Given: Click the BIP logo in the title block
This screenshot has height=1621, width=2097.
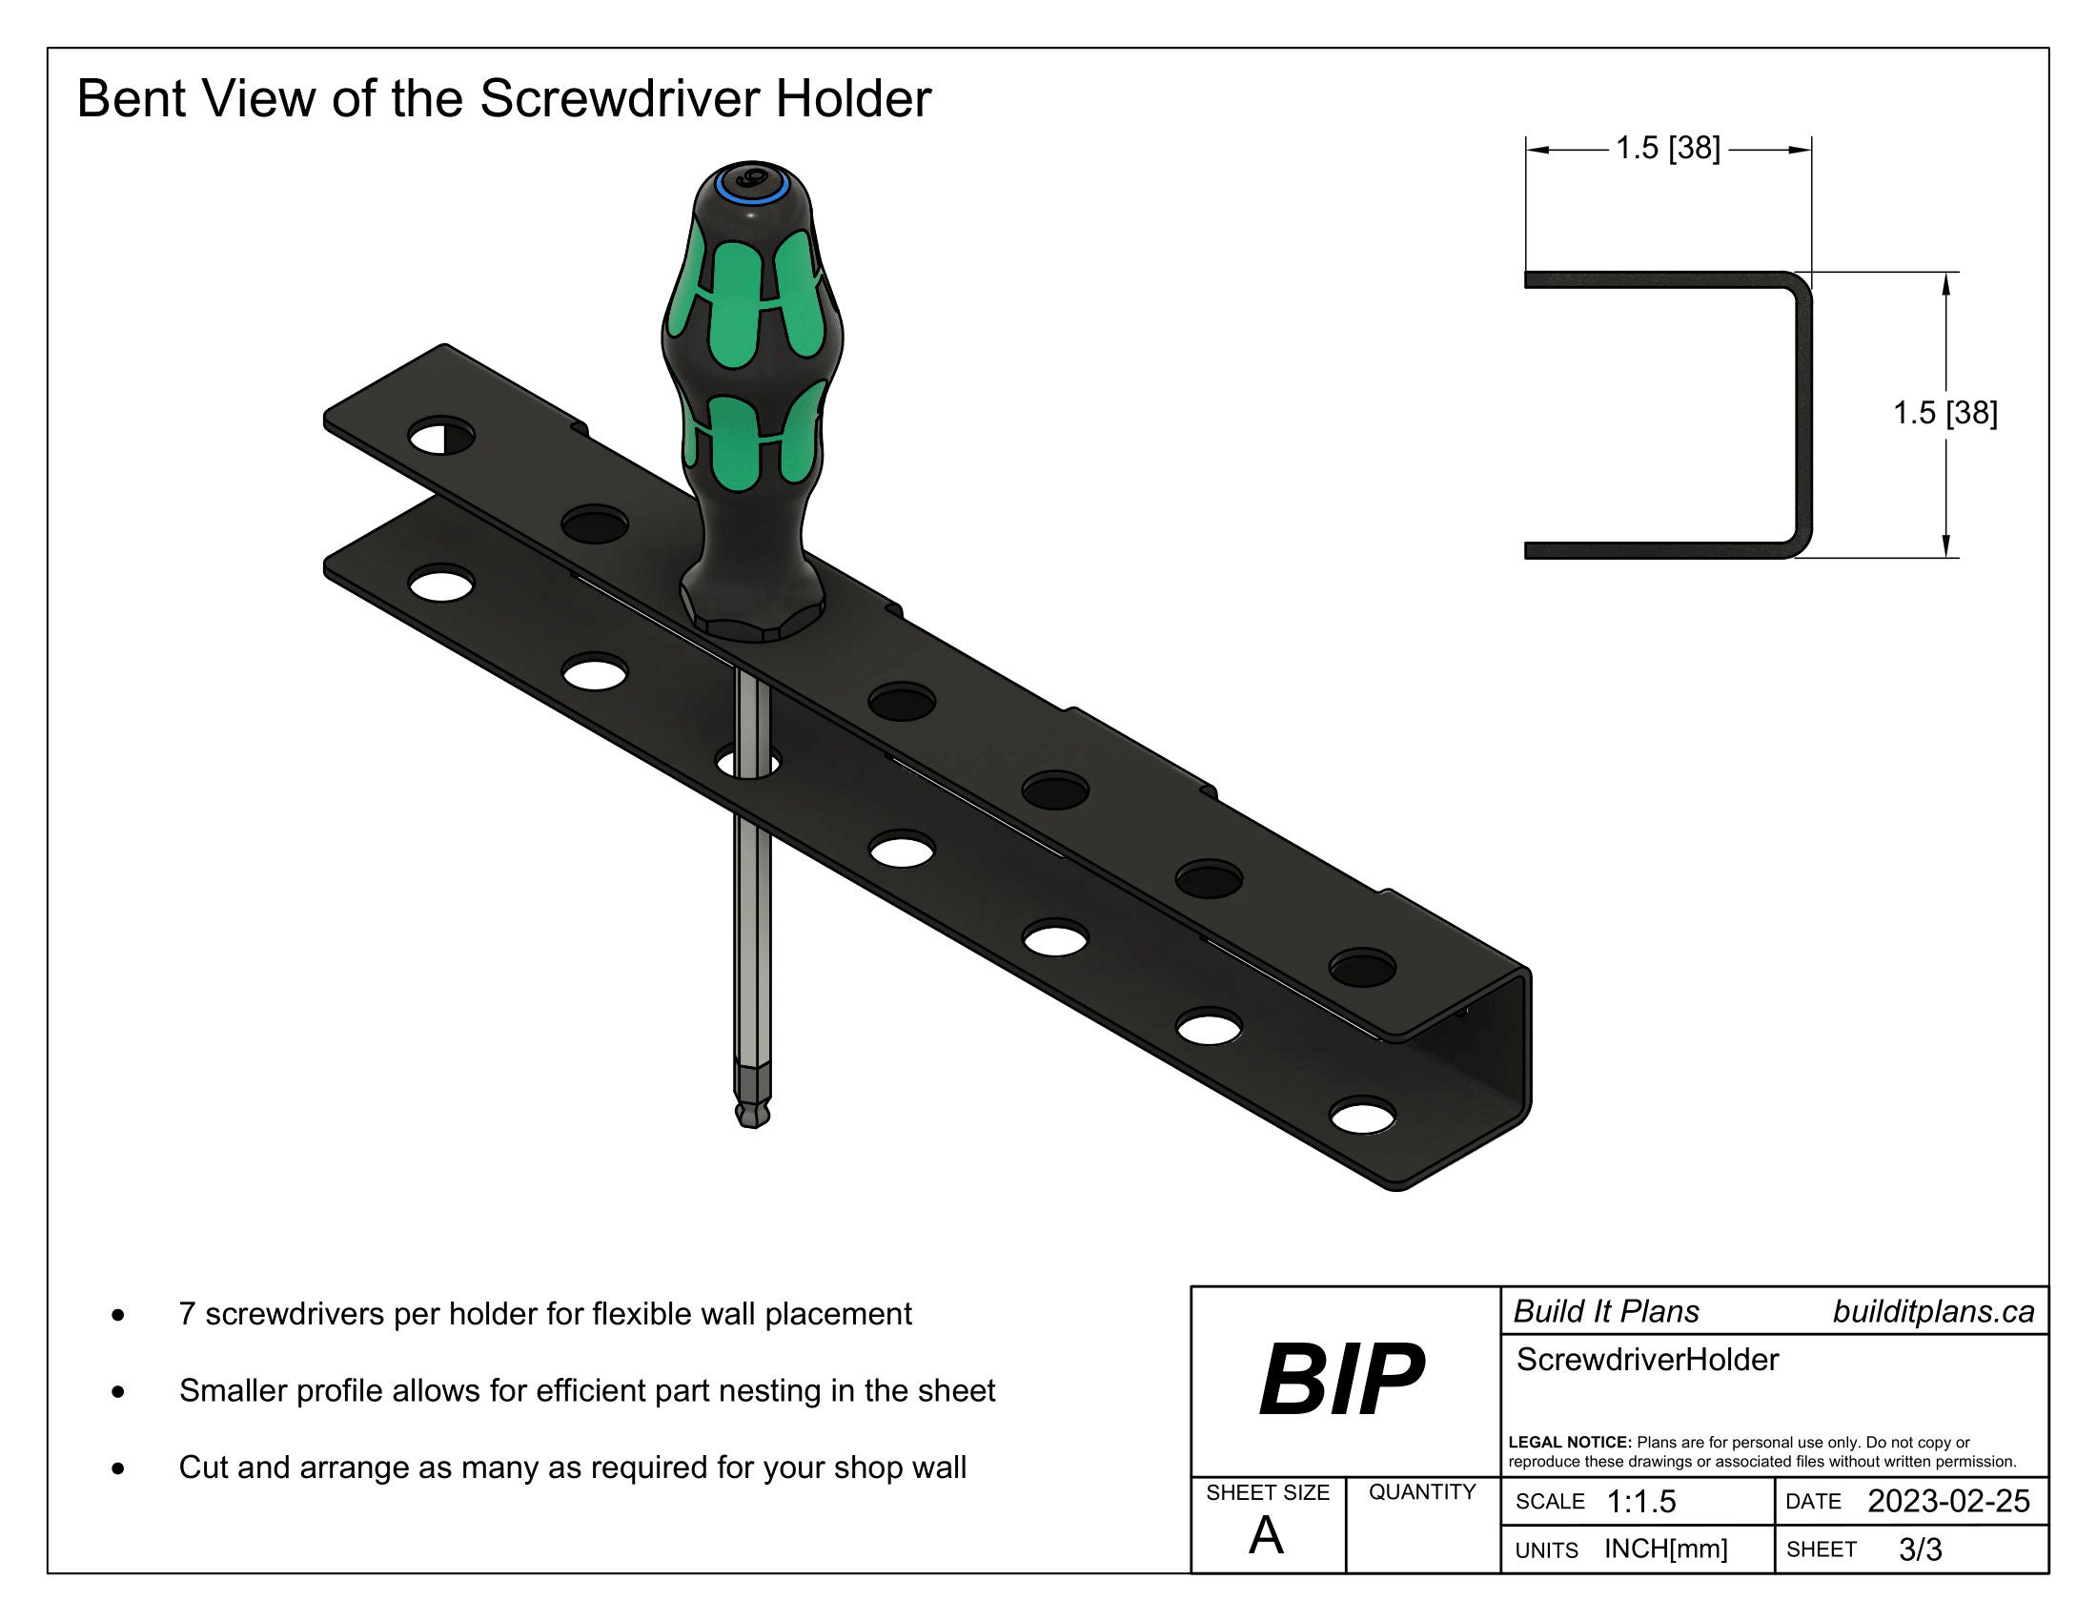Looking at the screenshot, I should tap(1341, 1380).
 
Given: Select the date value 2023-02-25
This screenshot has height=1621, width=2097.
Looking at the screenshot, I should tap(1948, 1501).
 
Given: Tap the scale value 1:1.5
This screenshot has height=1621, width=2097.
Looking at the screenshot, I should tap(1641, 1502).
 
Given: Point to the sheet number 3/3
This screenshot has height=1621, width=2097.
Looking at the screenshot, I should tap(1921, 1549).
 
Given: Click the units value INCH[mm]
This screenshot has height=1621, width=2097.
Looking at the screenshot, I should tap(1666, 1549).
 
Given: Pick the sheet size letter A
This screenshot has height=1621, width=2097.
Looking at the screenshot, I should tap(1266, 1535).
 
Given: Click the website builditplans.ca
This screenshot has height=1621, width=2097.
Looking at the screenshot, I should tap(1933, 1312).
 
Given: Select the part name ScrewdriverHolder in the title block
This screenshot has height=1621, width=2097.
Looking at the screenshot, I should tap(1648, 1360).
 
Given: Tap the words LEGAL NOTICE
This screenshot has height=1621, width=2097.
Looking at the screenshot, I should tap(1570, 1443).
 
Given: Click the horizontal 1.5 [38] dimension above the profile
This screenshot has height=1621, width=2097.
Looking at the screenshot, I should tap(1668, 148).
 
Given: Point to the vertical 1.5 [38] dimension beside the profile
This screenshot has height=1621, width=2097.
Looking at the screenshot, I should tap(1944, 413).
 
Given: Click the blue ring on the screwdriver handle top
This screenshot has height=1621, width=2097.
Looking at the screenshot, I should tap(753, 185).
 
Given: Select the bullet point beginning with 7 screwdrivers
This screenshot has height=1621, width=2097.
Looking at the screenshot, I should tap(544, 1314).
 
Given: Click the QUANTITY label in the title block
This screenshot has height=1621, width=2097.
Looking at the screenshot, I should tap(1422, 1491).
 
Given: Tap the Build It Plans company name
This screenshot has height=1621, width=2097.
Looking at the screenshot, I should tap(1606, 1312).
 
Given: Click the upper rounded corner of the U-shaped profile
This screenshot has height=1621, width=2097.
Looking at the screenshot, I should tap(1799, 285).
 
